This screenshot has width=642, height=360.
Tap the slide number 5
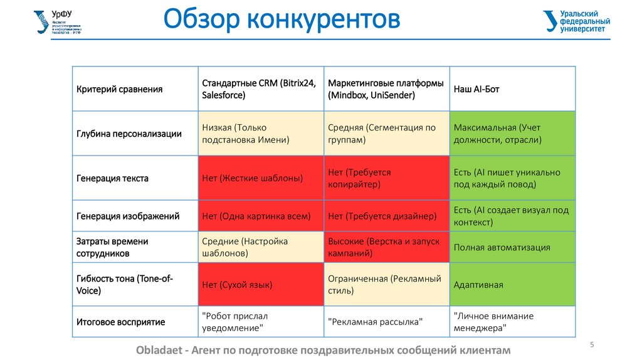(592, 345)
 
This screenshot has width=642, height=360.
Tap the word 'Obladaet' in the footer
(159, 350)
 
